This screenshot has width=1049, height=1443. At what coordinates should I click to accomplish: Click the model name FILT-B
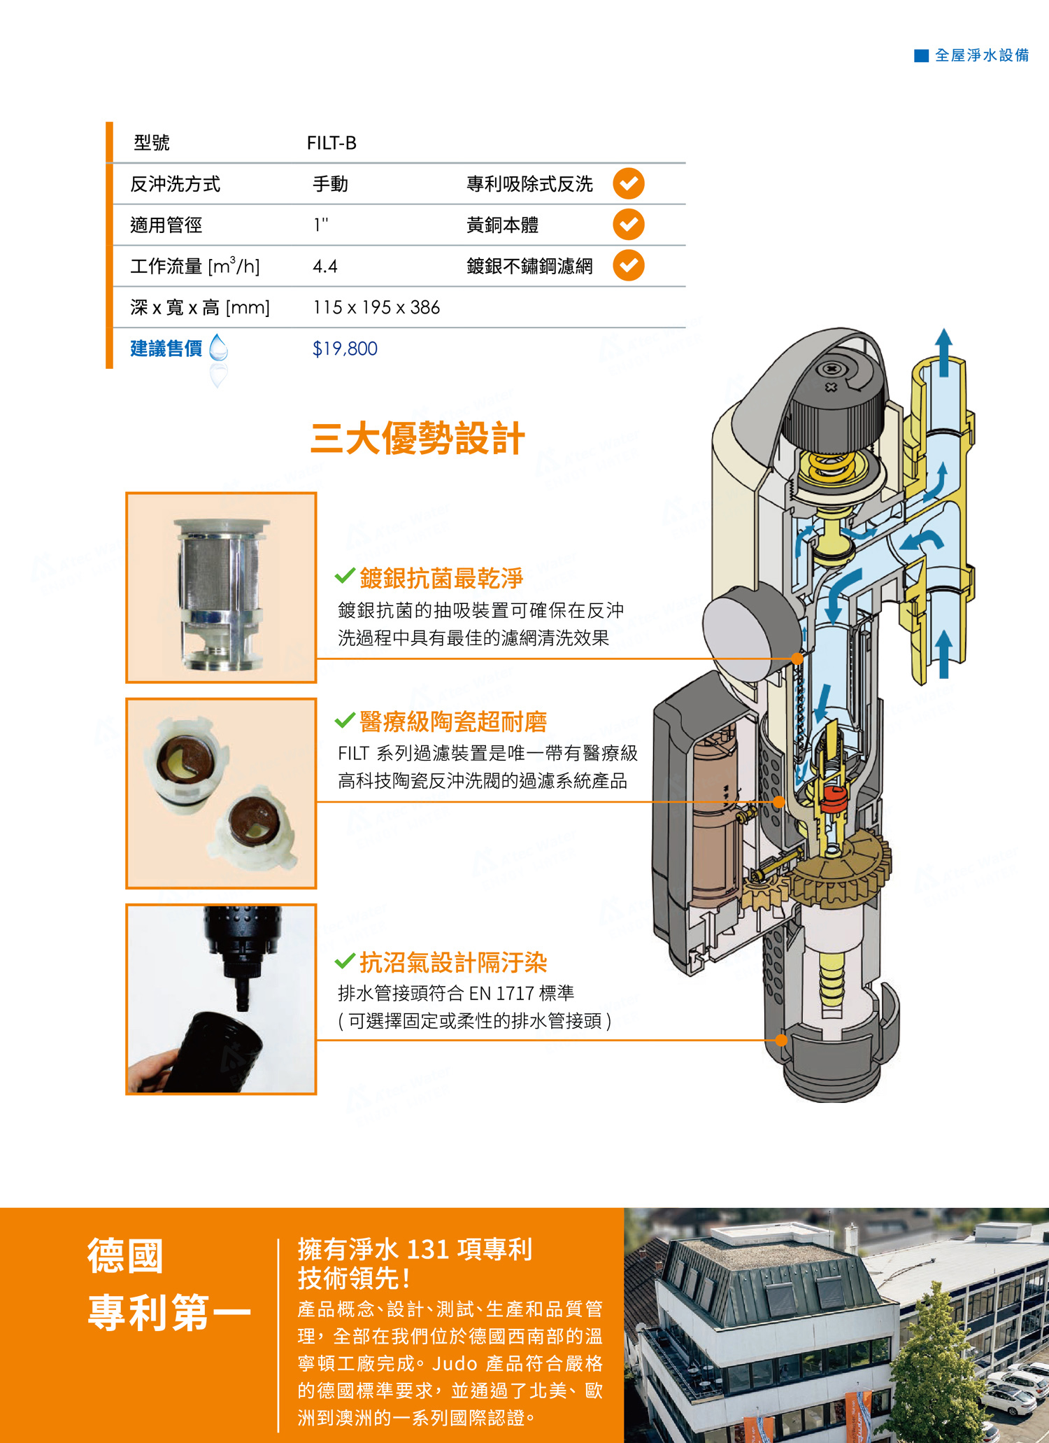click(x=331, y=143)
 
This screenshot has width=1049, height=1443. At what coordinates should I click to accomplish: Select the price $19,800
click(x=345, y=349)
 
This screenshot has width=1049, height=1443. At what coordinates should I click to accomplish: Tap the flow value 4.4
click(x=324, y=267)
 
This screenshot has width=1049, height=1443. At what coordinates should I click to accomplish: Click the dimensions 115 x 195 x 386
click(x=376, y=307)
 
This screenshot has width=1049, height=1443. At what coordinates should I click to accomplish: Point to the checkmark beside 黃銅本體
click(x=629, y=224)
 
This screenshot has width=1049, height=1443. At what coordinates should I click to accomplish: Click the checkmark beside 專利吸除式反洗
click(x=629, y=183)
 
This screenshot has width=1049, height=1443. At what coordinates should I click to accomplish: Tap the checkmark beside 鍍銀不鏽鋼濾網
click(x=629, y=265)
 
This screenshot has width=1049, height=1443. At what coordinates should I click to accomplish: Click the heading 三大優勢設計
click(x=418, y=439)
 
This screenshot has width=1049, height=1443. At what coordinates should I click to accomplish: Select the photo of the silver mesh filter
click(x=221, y=588)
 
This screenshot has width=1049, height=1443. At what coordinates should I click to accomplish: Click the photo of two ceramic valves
click(x=221, y=794)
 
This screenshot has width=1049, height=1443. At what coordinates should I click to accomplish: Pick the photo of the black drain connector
click(x=221, y=999)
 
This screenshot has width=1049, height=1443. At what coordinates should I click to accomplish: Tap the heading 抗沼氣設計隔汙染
click(x=453, y=962)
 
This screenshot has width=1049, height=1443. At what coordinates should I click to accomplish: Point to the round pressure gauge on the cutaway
click(x=752, y=633)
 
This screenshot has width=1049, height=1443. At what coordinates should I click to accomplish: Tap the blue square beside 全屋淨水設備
click(x=922, y=55)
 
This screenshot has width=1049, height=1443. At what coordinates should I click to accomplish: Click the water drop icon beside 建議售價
click(x=219, y=348)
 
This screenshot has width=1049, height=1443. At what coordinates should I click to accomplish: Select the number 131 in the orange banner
click(x=428, y=1249)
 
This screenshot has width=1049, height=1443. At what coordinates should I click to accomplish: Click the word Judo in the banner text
click(x=455, y=1363)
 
